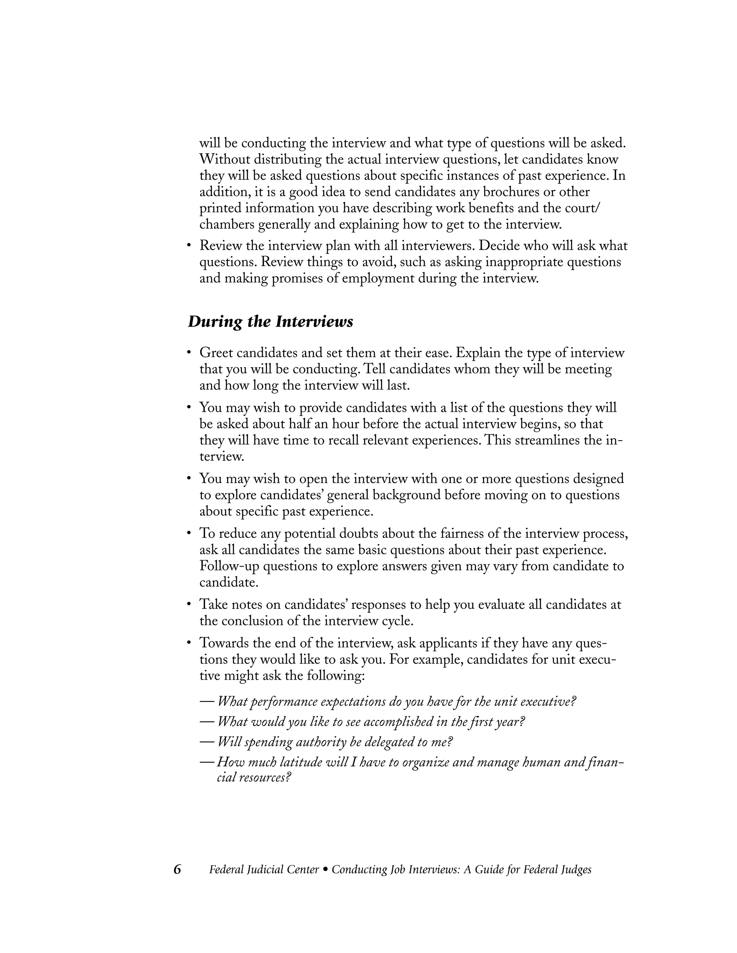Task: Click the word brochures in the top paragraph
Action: click(508, 192)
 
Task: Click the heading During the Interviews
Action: click(270, 322)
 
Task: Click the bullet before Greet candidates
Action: click(189, 352)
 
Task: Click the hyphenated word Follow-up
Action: click(229, 566)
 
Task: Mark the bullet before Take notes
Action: click(189, 605)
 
